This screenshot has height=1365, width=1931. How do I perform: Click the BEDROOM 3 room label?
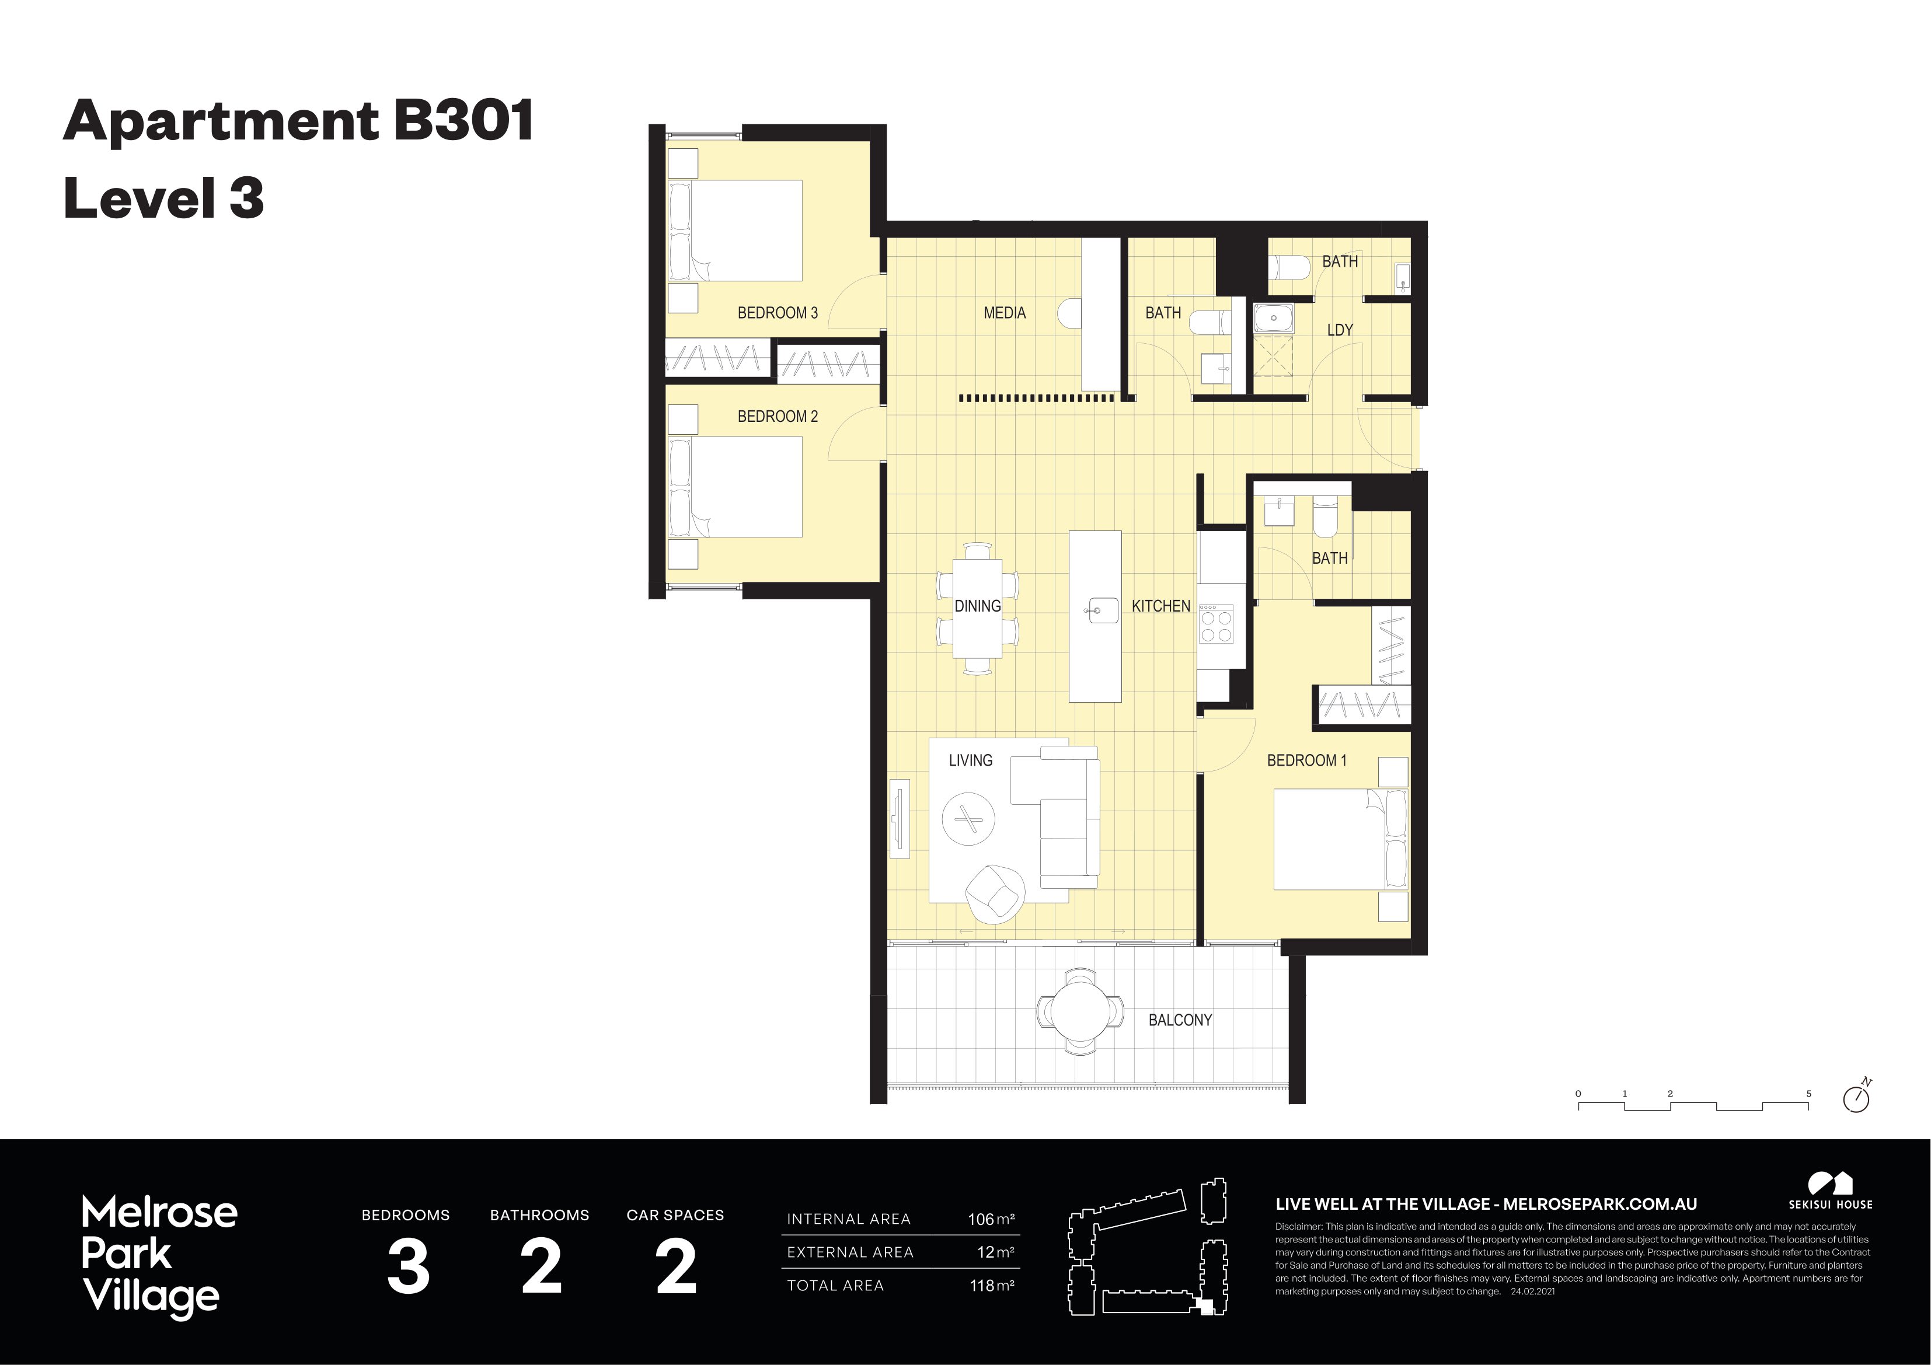(x=777, y=313)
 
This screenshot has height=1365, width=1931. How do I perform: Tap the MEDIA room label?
(x=1004, y=313)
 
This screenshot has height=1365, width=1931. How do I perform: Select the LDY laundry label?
(x=1339, y=330)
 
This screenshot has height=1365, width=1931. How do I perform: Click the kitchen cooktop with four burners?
(x=1215, y=623)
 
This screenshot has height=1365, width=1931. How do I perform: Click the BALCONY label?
(x=1180, y=1020)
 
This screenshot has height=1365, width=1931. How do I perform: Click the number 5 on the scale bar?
(x=1808, y=1094)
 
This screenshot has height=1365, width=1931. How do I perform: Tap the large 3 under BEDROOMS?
(x=408, y=1268)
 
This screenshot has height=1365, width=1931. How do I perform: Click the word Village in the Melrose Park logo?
(x=151, y=1296)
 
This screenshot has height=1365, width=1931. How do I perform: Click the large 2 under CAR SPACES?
(x=675, y=1268)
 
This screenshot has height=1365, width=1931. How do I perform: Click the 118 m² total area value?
(x=991, y=1285)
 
